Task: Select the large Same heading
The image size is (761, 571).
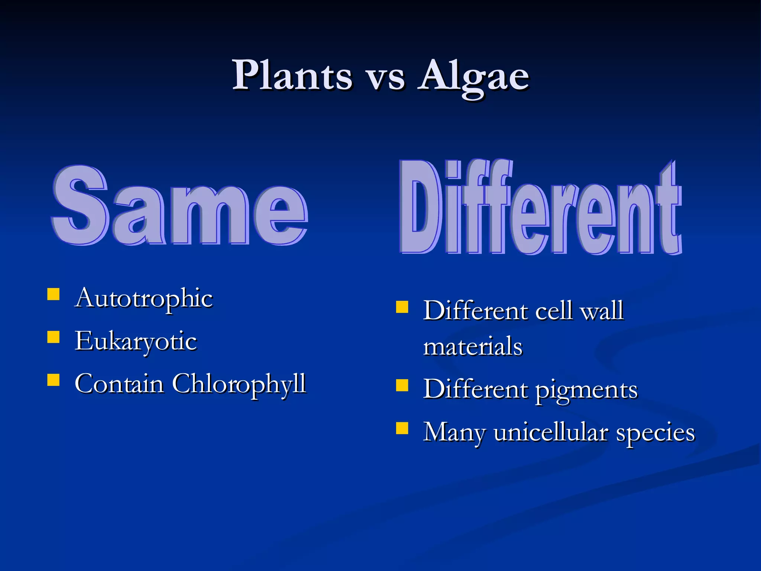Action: click(179, 206)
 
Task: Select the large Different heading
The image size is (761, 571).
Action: click(540, 208)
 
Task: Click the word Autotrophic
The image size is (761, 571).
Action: click(144, 299)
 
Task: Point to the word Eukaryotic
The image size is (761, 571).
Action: click(136, 341)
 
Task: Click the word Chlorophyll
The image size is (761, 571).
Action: click(239, 384)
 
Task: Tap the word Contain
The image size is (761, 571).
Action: click(119, 384)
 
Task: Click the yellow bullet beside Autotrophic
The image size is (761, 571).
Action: click(54, 294)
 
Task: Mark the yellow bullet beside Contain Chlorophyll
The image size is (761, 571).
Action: click(54, 380)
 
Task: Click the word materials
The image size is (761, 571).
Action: click(473, 346)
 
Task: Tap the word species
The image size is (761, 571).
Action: click(655, 433)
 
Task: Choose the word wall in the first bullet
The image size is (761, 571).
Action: click(602, 311)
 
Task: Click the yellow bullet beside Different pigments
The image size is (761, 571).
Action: click(402, 386)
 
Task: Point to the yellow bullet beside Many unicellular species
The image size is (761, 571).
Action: click(402, 428)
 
